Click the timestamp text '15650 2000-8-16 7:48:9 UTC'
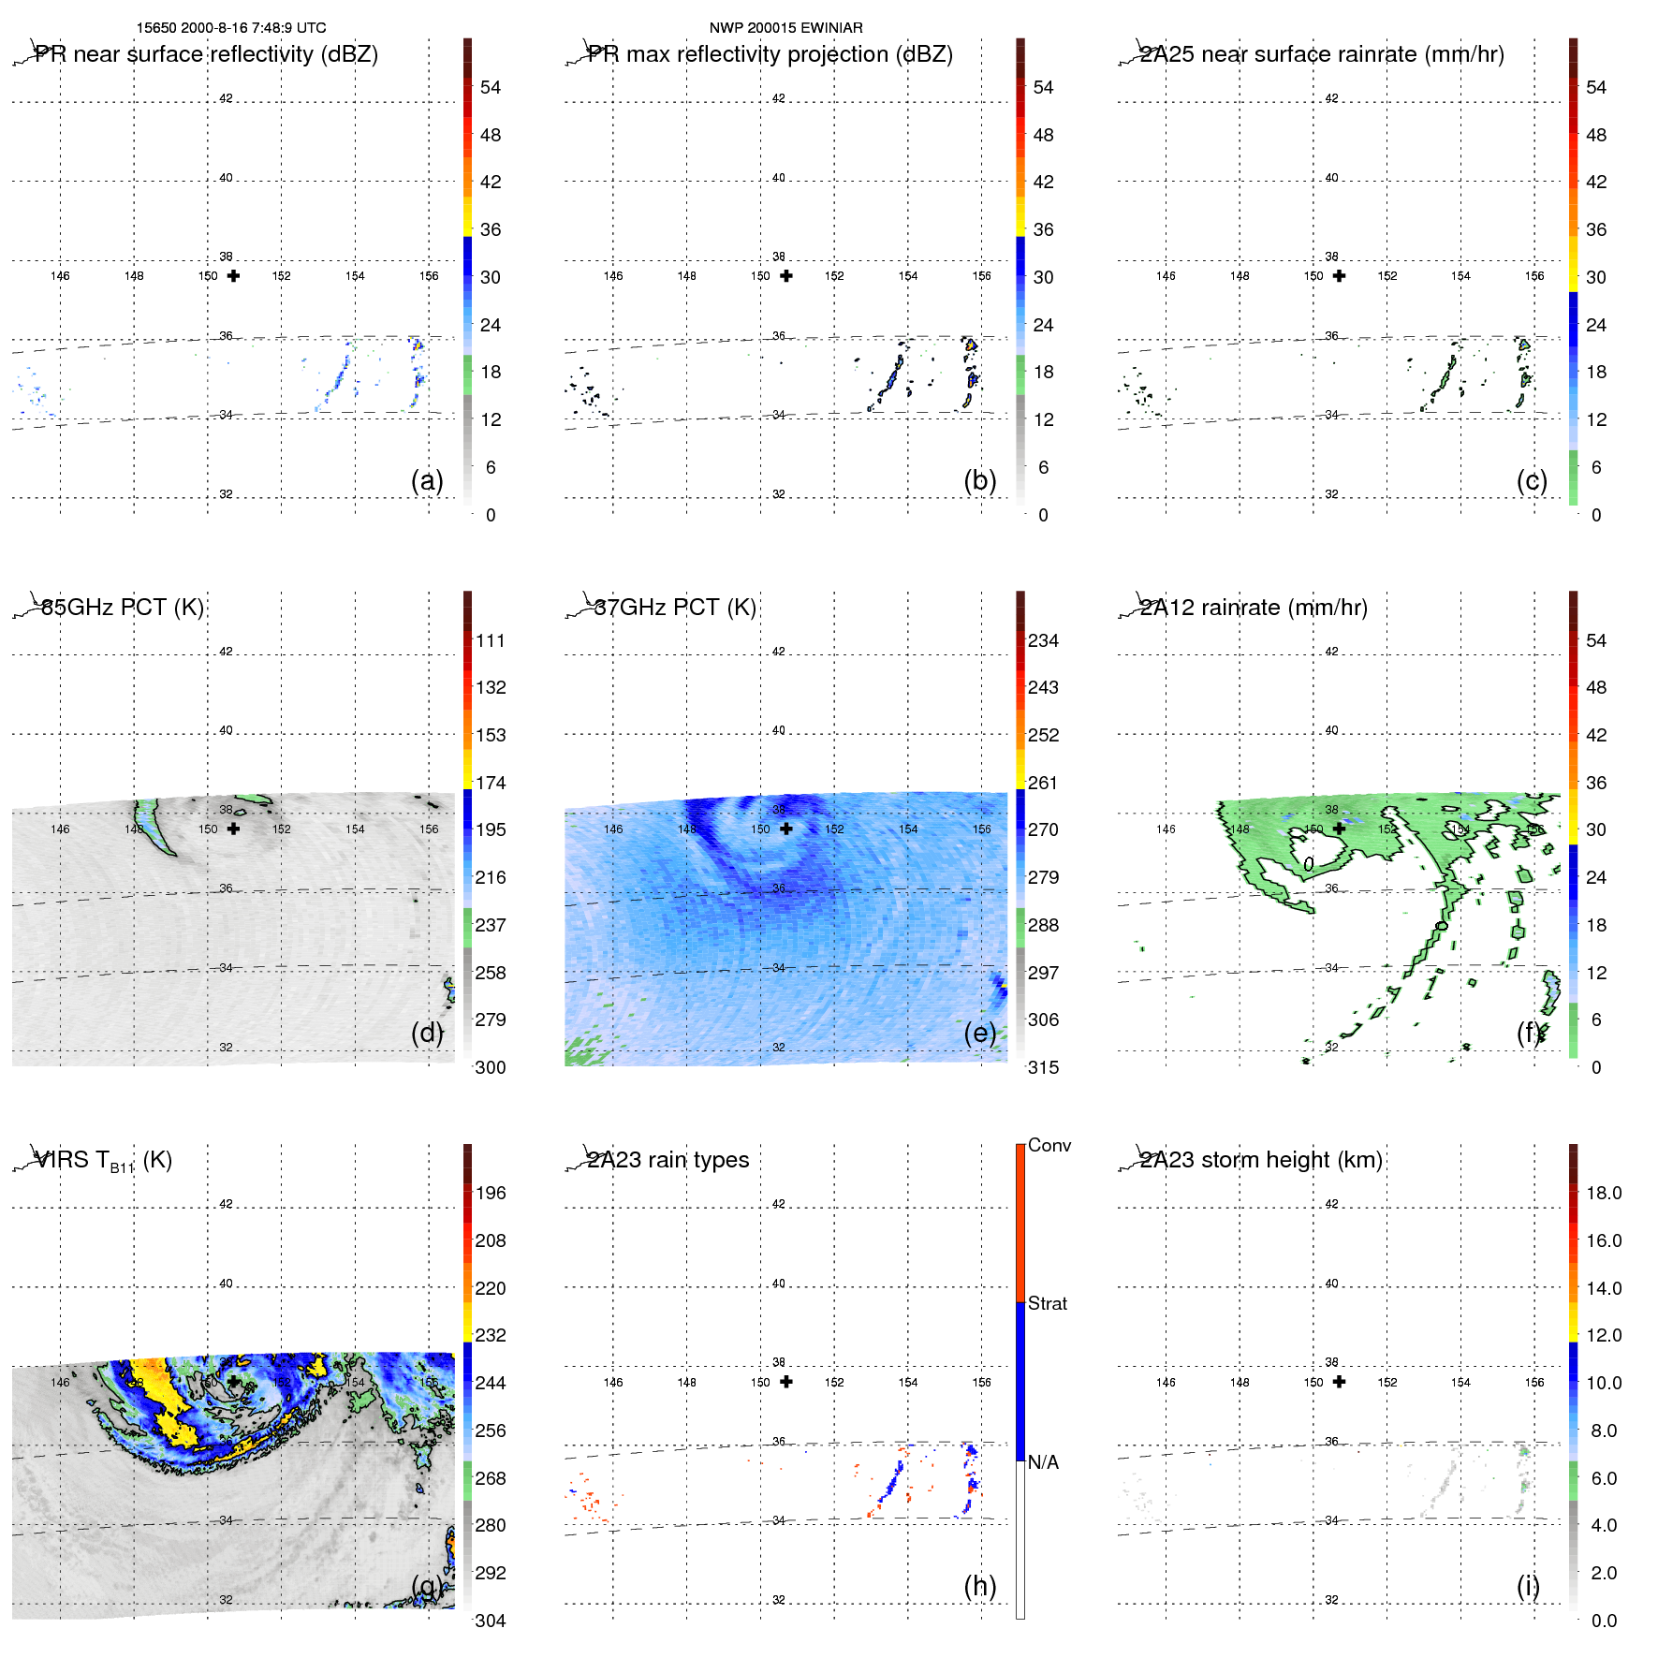(231, 28)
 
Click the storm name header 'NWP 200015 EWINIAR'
(785, 28)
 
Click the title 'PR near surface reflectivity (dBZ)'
(207, 54)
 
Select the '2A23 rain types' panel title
(668, 1160)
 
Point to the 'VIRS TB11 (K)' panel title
(103, 1161)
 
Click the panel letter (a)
(427, 480)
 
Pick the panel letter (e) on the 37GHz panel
(980, 1033)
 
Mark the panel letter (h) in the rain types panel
(980, 1586)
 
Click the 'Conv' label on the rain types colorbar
(1049, 1146)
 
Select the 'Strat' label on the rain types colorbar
(1048, 1304)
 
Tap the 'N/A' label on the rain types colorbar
(1043, 1462)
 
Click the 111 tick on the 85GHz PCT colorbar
(491, 641)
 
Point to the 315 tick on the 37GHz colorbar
(1043, 1067)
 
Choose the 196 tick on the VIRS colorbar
(491, 1194)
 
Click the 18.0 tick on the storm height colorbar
(1604, 1194)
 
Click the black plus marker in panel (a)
(233, 276)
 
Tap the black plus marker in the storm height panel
(1340, 1382)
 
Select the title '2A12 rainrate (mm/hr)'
(1254, 608)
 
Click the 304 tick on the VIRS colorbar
(491, 1621)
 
